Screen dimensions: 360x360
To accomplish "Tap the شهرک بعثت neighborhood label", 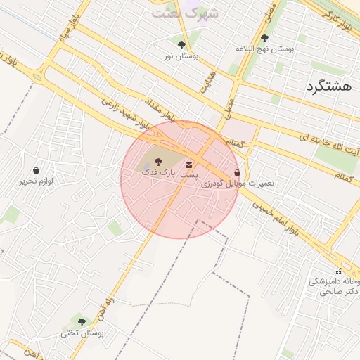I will point(186,13).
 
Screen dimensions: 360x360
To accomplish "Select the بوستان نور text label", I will point(181,56).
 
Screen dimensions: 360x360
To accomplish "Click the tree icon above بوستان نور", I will point(181,45).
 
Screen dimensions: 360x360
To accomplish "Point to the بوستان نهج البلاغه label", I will point(264,49).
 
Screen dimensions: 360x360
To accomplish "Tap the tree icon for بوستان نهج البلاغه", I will point(264,39).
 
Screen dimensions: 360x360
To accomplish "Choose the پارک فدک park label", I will point(157,172).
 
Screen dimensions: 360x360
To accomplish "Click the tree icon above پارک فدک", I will point(157,161).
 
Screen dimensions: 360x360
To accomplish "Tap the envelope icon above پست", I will point(188,164).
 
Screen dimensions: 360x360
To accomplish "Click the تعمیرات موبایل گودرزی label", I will point(238,183).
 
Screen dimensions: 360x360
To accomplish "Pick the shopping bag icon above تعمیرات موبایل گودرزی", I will point(237,172).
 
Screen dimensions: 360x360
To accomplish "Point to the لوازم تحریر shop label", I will point(37,181).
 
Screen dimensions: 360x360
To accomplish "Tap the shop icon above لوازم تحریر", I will point(37,171).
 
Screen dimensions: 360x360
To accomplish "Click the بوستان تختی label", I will point(82,333).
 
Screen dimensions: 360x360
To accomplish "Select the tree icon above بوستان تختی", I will point(82,322).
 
